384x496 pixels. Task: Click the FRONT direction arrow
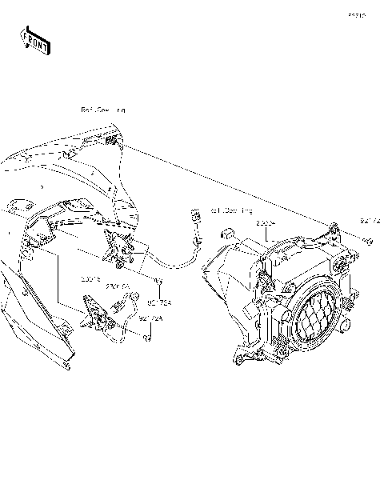(x=35, y=39)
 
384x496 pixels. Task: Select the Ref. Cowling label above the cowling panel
(x=102, y=110)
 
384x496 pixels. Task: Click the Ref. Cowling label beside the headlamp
(x=231, y=211)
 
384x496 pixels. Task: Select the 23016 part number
(x=90, y=281)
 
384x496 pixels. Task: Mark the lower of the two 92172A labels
(x=150, y=318)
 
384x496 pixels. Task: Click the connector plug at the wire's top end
(x=194, y=215)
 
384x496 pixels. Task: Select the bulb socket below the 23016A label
(x=120, y=305)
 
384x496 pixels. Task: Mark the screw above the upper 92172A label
(x=159, y=281)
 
